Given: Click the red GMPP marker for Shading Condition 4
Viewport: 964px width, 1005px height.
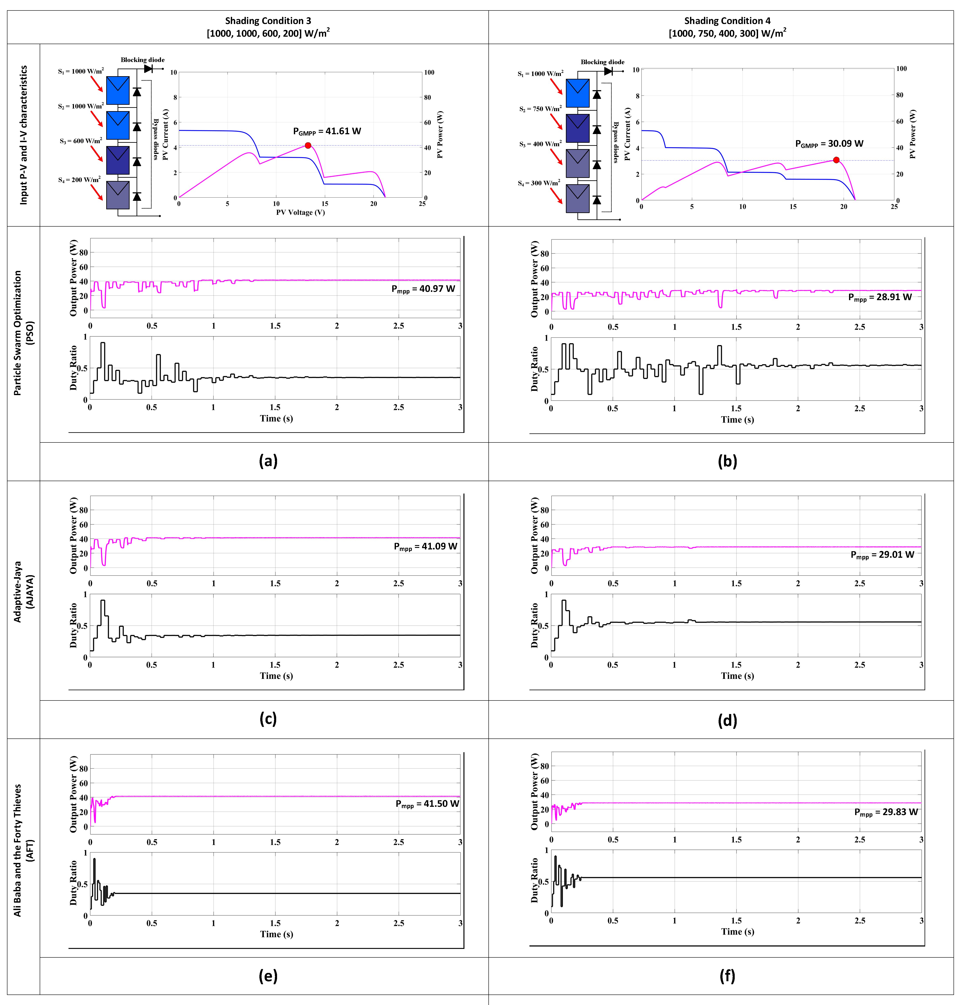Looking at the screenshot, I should [836, 160].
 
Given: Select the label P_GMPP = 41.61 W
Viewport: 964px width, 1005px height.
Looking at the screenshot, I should [327, 131].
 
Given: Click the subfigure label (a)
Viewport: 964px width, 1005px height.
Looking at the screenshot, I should [268, 461].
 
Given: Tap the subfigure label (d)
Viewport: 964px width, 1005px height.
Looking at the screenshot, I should [727, 720].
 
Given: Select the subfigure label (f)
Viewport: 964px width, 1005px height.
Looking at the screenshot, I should [727, 976].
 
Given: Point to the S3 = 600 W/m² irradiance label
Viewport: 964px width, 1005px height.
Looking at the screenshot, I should [80, 141].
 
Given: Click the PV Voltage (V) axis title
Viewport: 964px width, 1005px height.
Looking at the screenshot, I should [300, 212].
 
